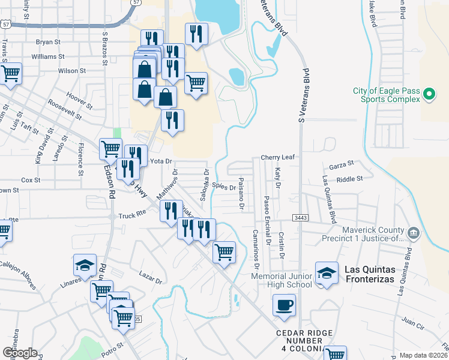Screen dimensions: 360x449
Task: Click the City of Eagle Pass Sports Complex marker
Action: tap(429, 94)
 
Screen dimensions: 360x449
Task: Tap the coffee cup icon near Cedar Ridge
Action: tap(284, 305)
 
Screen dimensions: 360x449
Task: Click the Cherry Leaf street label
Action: tap(277, 157)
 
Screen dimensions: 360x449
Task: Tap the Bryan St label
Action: tap(49, 42)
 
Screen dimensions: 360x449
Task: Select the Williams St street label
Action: tap(48, 56)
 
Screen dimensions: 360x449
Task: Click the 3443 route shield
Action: tap(301, 217)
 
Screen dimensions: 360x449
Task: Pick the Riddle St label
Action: tap(350, 179)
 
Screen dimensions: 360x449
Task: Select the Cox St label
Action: tap(31, 179)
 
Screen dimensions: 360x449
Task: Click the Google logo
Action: tap(19, 353)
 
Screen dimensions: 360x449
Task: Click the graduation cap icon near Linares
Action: tap(85, 265)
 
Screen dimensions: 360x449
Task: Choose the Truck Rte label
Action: tap(132, 215)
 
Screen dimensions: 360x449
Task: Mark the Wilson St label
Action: tap(68, 71)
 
